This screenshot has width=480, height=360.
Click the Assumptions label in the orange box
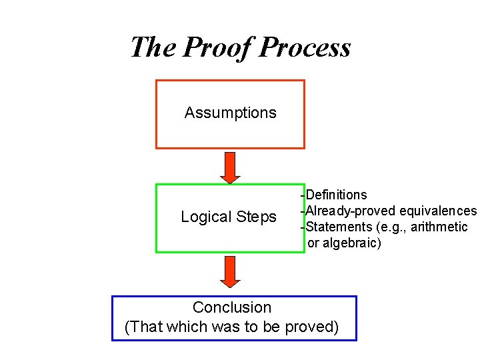coord(230,113)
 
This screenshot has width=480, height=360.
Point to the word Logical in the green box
coord(205,217)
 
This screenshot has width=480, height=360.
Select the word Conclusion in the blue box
coord(232,307)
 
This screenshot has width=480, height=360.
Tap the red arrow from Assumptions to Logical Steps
coord(230,167)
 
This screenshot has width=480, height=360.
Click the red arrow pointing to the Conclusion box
coord(230,271)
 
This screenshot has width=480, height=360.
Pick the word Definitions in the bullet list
coord(336,195)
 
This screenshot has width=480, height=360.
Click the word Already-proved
coord(351,211)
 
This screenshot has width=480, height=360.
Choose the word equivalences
coord(438,211)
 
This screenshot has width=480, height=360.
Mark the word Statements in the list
coord(338,227)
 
